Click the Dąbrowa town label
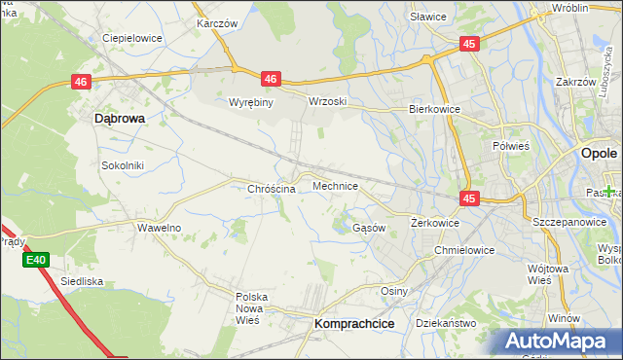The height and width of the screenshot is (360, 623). pos(119,118)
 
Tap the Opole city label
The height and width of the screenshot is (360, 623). pos(598,154)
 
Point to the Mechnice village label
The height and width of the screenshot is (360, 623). pos(335,185)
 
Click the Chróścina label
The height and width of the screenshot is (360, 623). pos(272,189)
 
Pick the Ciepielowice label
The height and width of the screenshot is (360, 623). pos(132,39)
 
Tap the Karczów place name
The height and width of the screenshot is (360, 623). pos(217,22)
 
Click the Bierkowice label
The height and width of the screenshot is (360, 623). pos(433,110)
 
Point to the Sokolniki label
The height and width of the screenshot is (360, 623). pos(123,165)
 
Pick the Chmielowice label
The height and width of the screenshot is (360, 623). pos(464,250)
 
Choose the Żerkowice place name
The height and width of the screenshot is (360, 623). pos(434,223)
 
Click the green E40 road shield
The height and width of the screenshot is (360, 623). pos(36,260)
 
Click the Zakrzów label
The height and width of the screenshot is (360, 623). pos(575,83)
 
